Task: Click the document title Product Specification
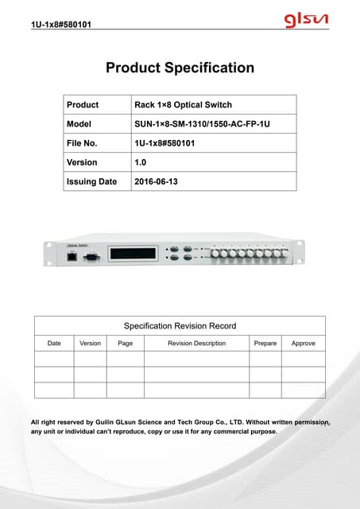(x=180, y=68)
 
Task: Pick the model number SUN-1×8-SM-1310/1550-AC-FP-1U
(x=208, y=124)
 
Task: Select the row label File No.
(x=86, y=143)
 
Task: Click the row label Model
(x=79, y=124)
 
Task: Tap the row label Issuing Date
(x=91, y=181)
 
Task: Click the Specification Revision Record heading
(x=180, y=325)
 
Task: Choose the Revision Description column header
(x=196, y=344)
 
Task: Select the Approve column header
(x=303, y=344)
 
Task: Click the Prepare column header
(x=265, y=344)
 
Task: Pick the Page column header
(x=125, y=344)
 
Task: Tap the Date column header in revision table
(x=54, y=344)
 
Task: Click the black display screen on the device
(x=132, y=254)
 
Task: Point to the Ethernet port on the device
(x=73, y=258)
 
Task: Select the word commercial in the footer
(x=228, y=432)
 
